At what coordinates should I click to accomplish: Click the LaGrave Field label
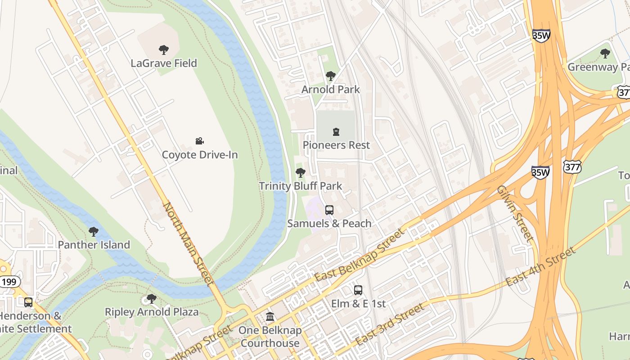(x=164, y=63)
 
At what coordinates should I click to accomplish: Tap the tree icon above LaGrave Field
(x=164, y=49)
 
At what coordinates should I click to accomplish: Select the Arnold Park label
(x=330, y=90)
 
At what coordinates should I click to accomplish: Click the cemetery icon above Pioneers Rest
(x=336, y=132)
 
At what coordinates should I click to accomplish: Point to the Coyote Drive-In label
(x=200, y=155)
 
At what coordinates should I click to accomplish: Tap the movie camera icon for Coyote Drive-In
(x=200, y=141)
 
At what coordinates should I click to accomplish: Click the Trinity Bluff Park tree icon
(x=300, y=173)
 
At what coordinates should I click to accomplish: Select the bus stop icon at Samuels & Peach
(x=329, y=210)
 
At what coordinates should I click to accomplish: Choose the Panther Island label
(x=94, y=245)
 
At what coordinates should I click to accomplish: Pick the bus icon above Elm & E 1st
(x=358, y=290)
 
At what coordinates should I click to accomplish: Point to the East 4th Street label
(x=541, y=266)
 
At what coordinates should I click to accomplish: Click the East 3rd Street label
(x=390, y=324)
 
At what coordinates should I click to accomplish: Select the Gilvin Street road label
(x=515, y=213)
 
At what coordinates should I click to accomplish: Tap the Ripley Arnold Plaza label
(x=151, y=312)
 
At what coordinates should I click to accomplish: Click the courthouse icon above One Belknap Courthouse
(x=270, y=317)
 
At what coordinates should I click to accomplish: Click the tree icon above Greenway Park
(x=605, y=54)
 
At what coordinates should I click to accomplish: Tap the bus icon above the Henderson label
(x=28, y=302)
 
